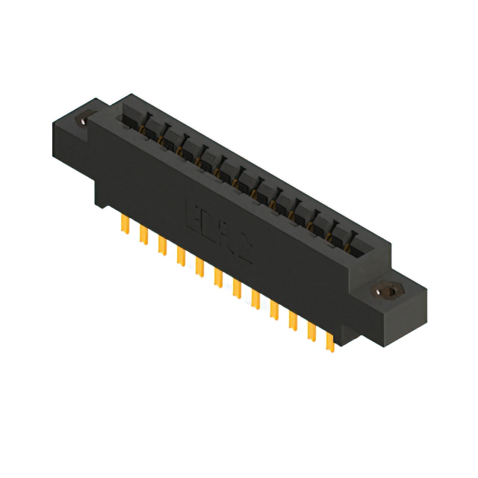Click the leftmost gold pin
point(124,225)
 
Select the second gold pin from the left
point(143,235)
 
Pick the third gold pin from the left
point(161,246)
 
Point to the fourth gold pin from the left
point(180,256)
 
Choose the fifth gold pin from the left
point(199,267)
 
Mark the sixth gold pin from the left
point(218,277)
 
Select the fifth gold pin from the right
point(255,298)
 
